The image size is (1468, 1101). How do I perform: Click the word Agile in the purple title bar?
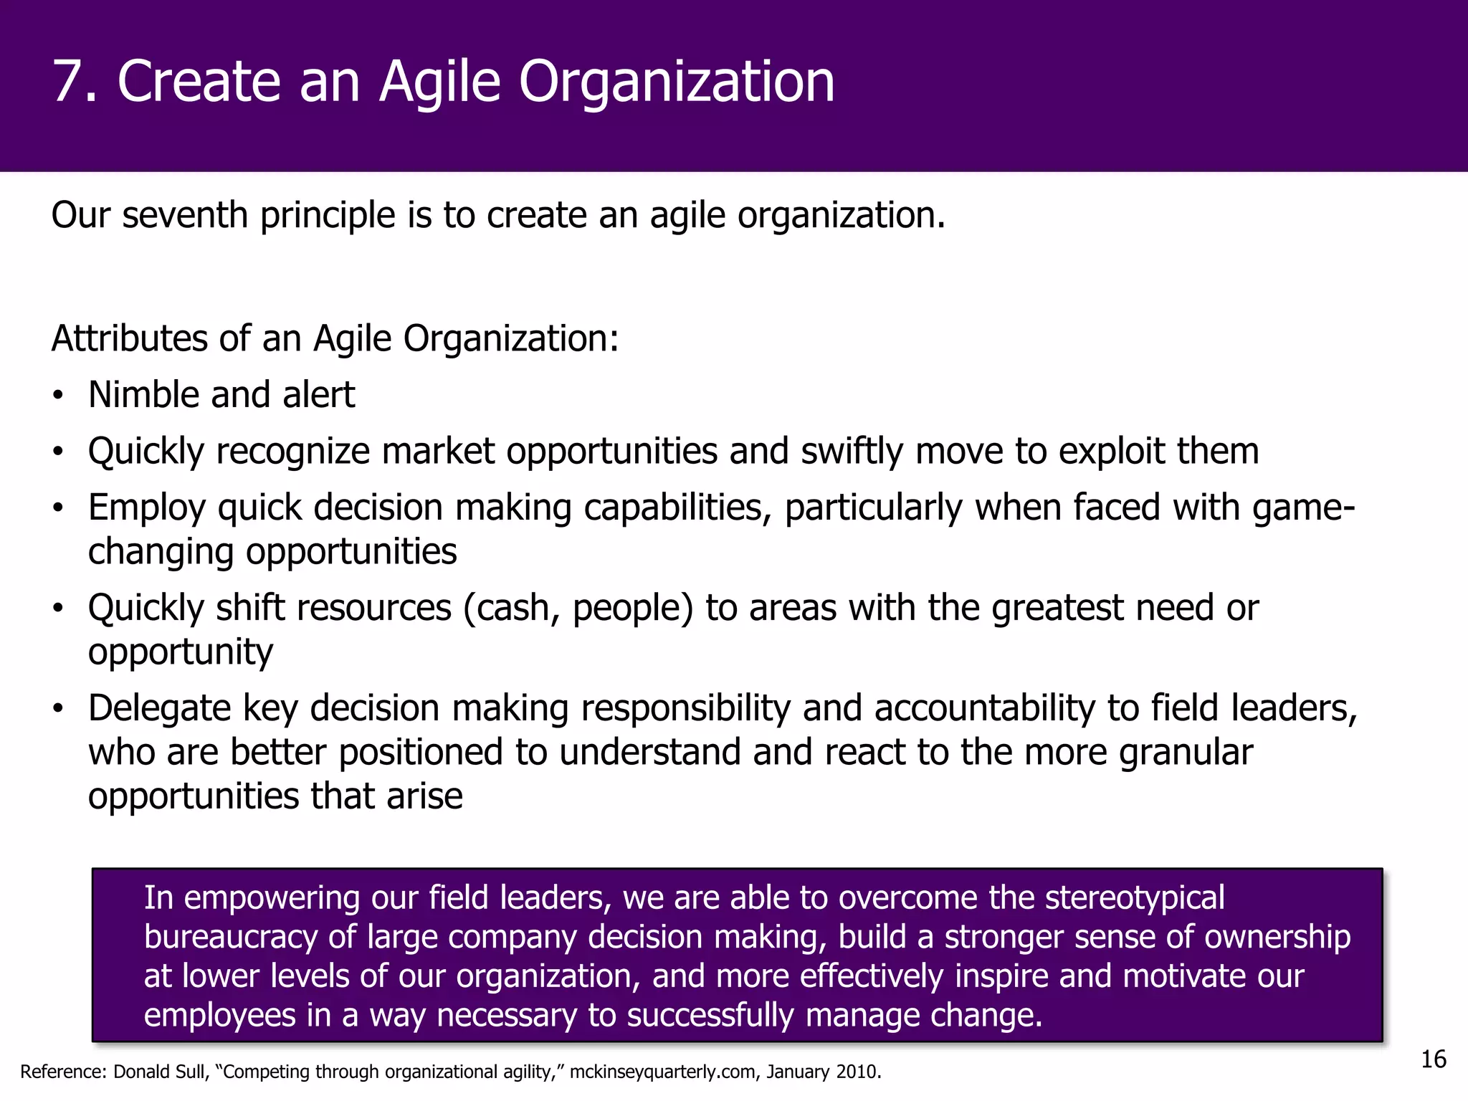(x=439, y=83)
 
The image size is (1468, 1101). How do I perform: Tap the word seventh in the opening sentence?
(x=184, y=215)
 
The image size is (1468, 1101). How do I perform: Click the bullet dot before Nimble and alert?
(x=58, y=396)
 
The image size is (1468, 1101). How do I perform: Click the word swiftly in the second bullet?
(x=851, y=452)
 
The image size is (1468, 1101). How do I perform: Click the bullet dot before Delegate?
(x=58, y=710)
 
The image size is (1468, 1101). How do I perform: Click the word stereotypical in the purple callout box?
(x=1135, y=898)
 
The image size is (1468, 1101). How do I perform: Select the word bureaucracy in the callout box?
(x=230, y=938)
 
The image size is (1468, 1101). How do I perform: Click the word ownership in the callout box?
(x=1277, y=938)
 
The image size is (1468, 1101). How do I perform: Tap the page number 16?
(x=1434, y=1059)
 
